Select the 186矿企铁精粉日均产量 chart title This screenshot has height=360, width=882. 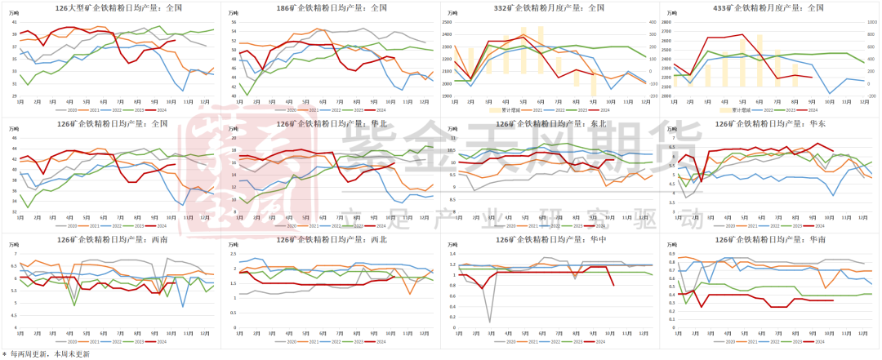coord(332,8)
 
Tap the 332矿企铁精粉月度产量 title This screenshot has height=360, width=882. coord(553,8)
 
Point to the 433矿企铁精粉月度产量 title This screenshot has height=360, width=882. coord(773,8)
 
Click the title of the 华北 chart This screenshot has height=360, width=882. coord(332,124)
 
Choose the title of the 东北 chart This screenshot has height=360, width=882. coord(553,124)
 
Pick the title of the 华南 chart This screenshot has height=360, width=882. coord(773,240)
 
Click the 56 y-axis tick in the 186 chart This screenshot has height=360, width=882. coord(233,22)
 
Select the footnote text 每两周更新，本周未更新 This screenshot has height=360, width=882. coord(50,354)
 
